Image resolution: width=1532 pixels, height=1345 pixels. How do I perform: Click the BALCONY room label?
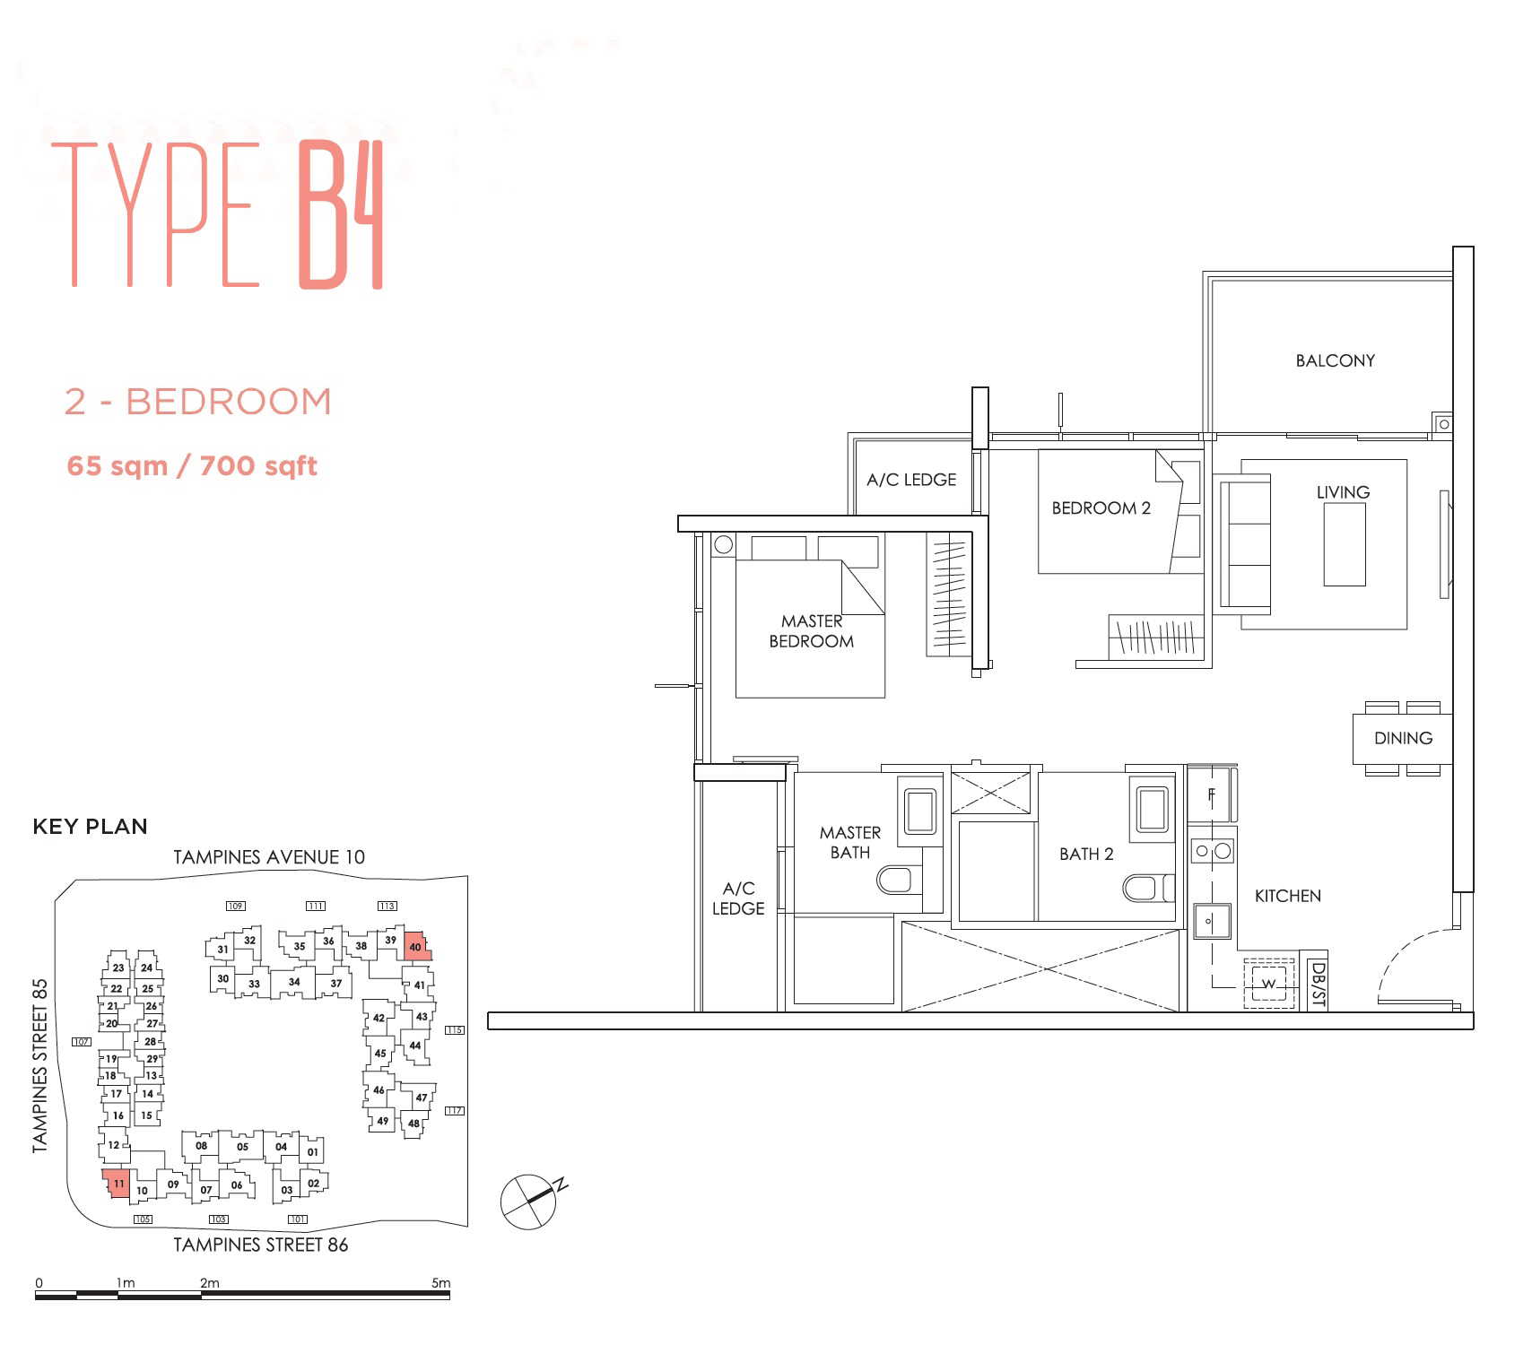(1335, 360)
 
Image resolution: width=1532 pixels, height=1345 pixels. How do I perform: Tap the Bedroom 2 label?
(1101, 508)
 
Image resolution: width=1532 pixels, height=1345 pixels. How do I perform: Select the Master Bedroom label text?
(812, 631)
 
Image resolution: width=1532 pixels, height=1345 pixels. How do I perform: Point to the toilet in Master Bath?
(898, 880)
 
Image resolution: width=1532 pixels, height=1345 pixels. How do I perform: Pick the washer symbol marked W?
(1268, 984)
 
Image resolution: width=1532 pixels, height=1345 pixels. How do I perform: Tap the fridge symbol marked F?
(1212, 795)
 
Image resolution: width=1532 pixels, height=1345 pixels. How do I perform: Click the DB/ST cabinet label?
(1317, 983)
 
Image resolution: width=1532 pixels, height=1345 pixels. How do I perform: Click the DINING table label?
(1403, 738)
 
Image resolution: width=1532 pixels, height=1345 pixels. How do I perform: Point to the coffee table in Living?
(1345, 544)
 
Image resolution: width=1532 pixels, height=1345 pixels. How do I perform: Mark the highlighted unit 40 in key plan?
(416, 945)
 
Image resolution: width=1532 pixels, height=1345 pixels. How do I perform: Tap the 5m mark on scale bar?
(440, 1283)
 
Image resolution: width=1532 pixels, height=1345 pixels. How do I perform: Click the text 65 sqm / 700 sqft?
(192, 466)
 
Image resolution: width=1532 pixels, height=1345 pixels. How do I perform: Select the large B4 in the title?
(342, 215)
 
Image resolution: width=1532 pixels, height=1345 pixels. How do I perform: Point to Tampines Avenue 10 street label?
(269, 857)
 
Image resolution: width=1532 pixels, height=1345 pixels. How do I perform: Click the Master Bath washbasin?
(920, 811)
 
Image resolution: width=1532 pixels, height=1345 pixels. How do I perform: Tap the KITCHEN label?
(1287, 896)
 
